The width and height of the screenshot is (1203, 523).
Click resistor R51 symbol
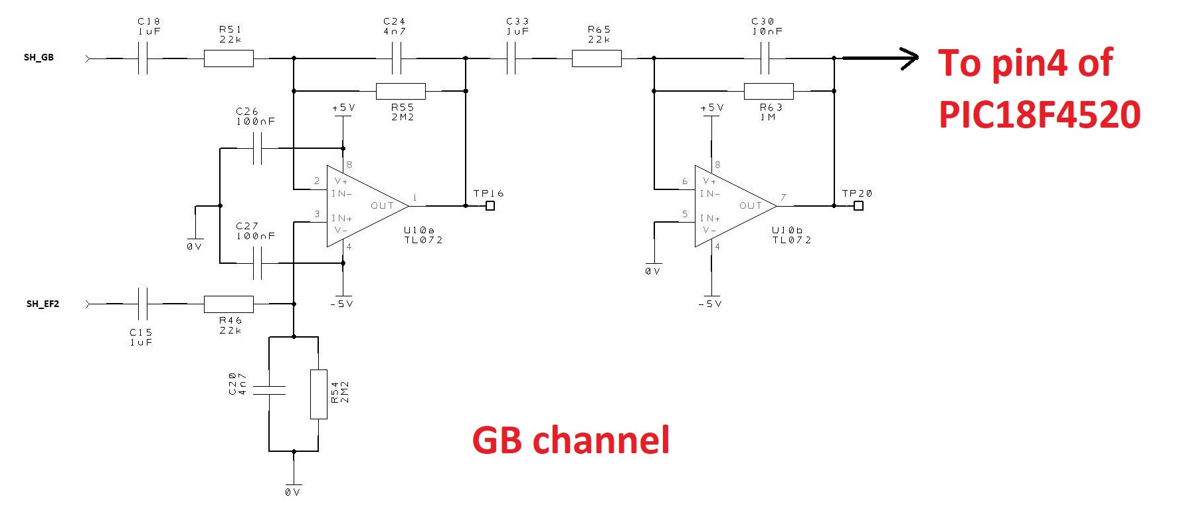(x=229, y=58)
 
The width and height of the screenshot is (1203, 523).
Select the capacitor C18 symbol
(x=143, y=58)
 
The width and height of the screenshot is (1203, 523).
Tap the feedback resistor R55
(x=401, y=91)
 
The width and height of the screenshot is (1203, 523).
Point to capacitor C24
(x=397, y=58)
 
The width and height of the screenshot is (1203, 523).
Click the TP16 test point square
(x=490, y=206)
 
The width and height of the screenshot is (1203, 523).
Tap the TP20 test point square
(x=858, y=206)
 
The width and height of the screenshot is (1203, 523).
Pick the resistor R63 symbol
(x=769, y=91)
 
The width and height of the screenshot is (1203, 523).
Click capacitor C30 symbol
(x=765, y=58)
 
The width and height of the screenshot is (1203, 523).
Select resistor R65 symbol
(x=597, y=58)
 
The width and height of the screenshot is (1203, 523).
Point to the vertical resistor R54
(x=319, y=394)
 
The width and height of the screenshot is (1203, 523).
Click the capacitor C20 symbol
(x=269, y=390)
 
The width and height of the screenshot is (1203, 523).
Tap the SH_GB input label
(x=39, y=58)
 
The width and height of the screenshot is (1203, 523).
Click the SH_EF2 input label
(x=43, y=304)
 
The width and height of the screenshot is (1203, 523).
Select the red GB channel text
(x=571, y=441)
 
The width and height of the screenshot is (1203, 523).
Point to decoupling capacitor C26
(x=258, y=148)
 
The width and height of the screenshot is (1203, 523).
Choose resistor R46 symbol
(x=229, y=304)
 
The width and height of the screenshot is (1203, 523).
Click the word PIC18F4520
(x=1039, y=114)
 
